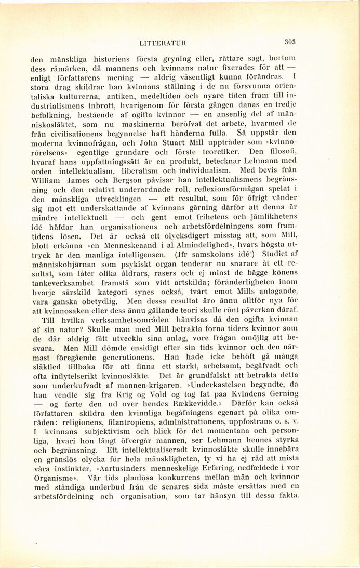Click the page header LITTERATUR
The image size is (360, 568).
(163, 43)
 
